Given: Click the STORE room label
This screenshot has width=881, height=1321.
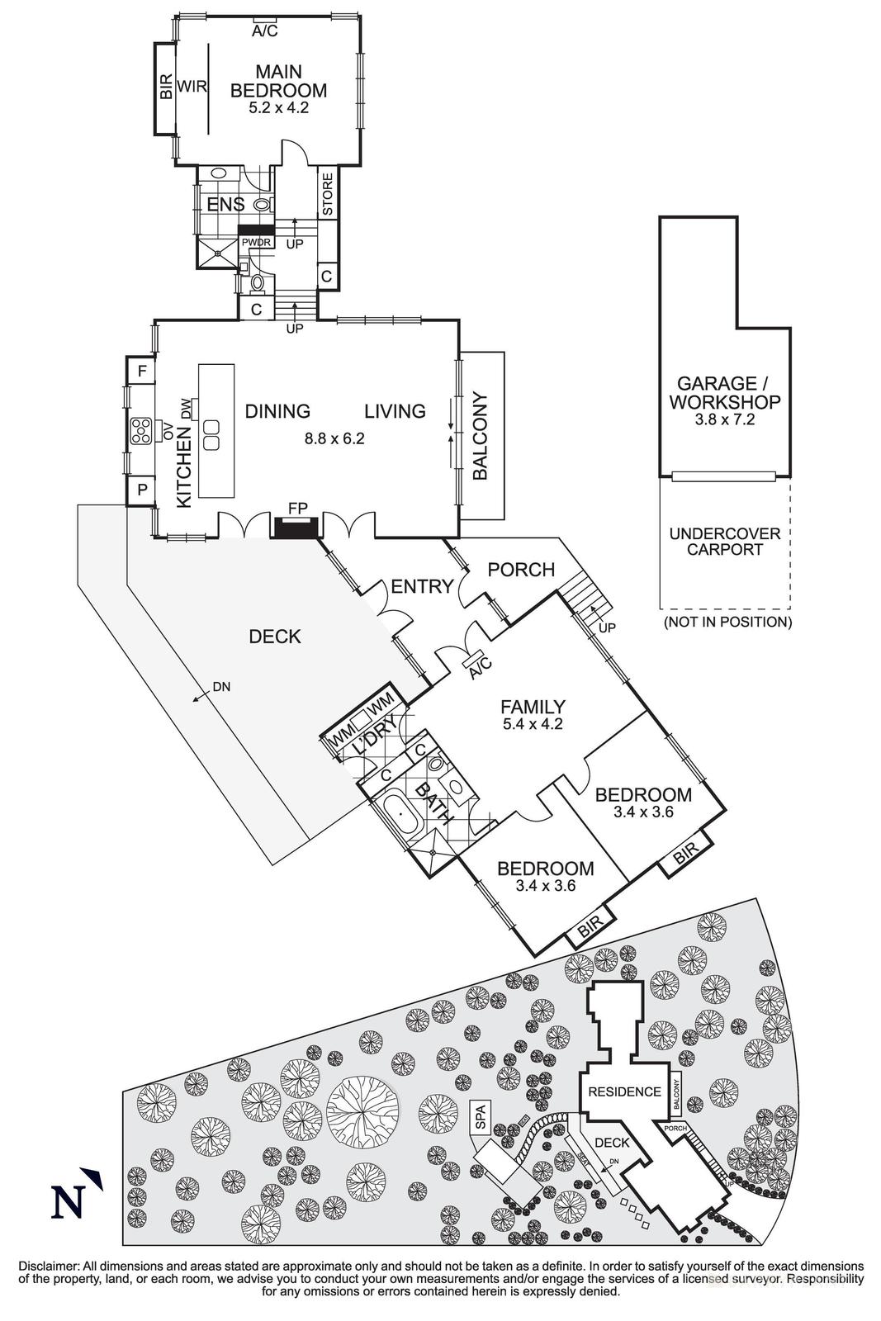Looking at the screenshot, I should click(327, 194).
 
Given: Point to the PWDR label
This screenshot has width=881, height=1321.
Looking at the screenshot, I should click(256, 243).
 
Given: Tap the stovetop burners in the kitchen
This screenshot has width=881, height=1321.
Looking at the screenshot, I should click(140, 431).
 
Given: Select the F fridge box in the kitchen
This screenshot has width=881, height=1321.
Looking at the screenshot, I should click(141, 372).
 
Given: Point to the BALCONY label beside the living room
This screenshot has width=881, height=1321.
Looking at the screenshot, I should click(481, 437).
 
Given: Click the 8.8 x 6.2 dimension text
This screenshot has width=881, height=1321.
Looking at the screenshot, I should click(334, 438).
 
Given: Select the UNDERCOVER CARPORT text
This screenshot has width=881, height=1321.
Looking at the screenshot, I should click(724, 542).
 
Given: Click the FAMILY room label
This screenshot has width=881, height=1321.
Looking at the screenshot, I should click(533, 707).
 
